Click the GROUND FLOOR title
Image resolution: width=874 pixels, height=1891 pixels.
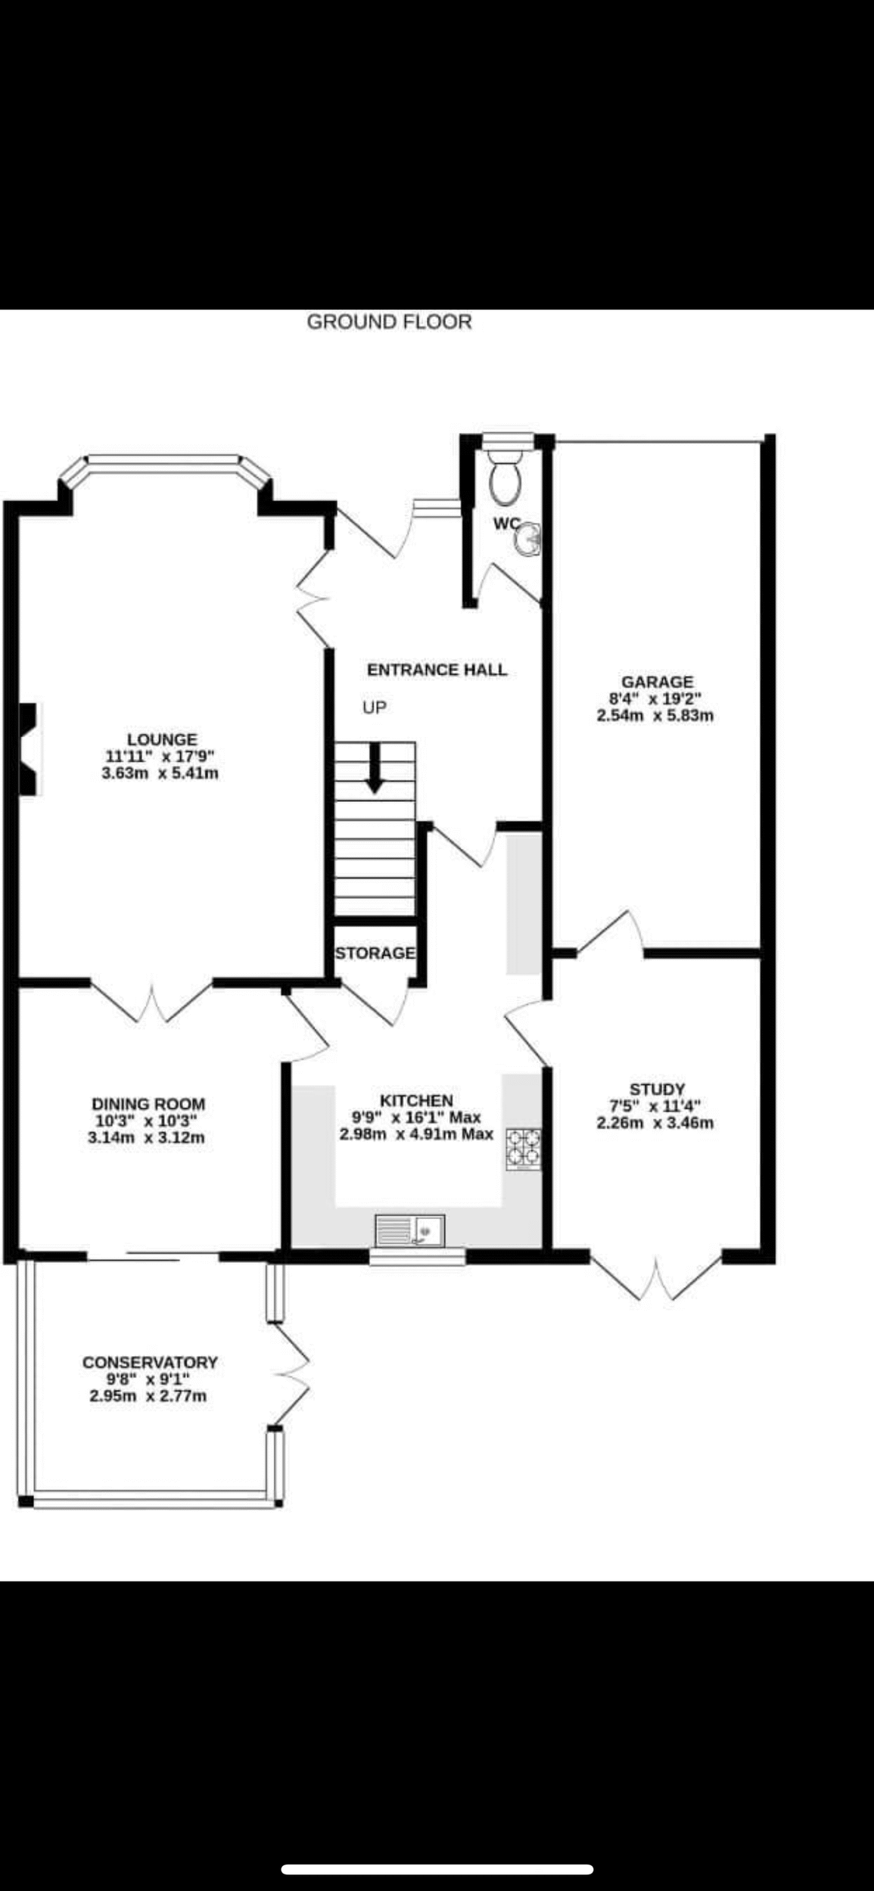[x=389, y=322]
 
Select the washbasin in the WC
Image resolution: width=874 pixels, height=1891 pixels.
[x=528, y=540]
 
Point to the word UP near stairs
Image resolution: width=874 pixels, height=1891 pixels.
[x=375, y=708]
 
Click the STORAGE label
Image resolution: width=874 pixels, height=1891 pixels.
[x=375, y=953]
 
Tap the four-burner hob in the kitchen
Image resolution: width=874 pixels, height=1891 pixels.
[x=523, y=1149]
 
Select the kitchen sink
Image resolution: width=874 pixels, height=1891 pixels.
[x=411, y=1230]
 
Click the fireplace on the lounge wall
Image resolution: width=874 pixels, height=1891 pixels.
[x=29, y=749]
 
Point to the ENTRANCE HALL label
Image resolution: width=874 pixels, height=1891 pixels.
[x=437, y=670]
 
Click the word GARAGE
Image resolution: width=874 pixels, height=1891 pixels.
[x=657, y=682]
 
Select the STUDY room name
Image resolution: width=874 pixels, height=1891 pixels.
[x=657, y=1090]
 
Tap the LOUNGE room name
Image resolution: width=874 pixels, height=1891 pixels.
[x=162, y=739]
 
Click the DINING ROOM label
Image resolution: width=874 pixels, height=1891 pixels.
[x=148, y=1104]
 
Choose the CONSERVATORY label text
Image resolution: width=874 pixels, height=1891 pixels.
[x=150, y=1362]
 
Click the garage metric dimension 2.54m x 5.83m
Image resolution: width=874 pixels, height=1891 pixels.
[x=655, y=715]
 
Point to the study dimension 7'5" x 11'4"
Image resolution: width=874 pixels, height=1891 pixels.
[x=655, y=1106]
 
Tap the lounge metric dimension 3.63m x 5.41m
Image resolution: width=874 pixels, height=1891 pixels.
[x=160, y=773]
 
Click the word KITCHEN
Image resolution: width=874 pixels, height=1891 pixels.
[x=416, y=1100]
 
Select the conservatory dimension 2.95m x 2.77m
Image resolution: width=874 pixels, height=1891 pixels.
[x=148, y=1395]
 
